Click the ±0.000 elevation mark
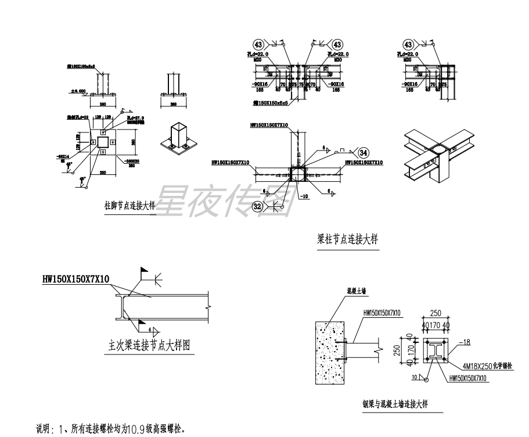[x=78, y=91]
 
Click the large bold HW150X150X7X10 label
[x=75, y=280]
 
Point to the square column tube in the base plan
[x=102, y=142]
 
